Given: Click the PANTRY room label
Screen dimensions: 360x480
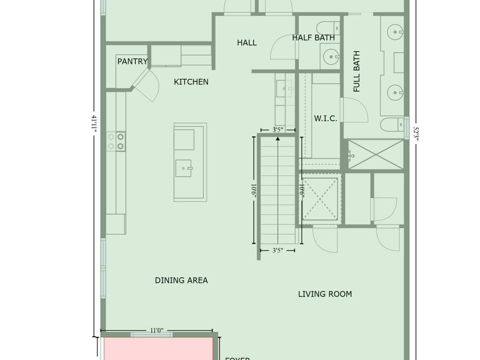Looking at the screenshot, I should [132, 61].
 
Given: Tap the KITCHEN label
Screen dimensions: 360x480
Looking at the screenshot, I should [191, 82].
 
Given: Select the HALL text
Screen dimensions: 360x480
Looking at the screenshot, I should [247, 43].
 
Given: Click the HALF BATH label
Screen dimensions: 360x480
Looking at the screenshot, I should [313, 37].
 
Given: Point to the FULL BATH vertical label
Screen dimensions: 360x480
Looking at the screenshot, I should [357, 71].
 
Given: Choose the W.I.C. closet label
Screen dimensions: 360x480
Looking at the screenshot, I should [325, 118].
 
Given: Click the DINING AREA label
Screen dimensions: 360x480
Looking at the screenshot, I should [181, 280].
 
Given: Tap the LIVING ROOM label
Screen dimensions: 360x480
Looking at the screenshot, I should [325, 294].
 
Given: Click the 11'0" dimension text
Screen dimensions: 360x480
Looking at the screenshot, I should [157, 330].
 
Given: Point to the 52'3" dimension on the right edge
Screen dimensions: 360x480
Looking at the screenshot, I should [415, 133].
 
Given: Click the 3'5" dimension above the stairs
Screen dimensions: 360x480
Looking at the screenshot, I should [277, 130].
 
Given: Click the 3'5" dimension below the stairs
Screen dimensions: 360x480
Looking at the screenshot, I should [277, 250].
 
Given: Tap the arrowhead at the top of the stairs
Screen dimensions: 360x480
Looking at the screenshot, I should [277, 139].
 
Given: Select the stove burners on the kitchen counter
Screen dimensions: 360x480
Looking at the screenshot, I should [116, 141].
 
